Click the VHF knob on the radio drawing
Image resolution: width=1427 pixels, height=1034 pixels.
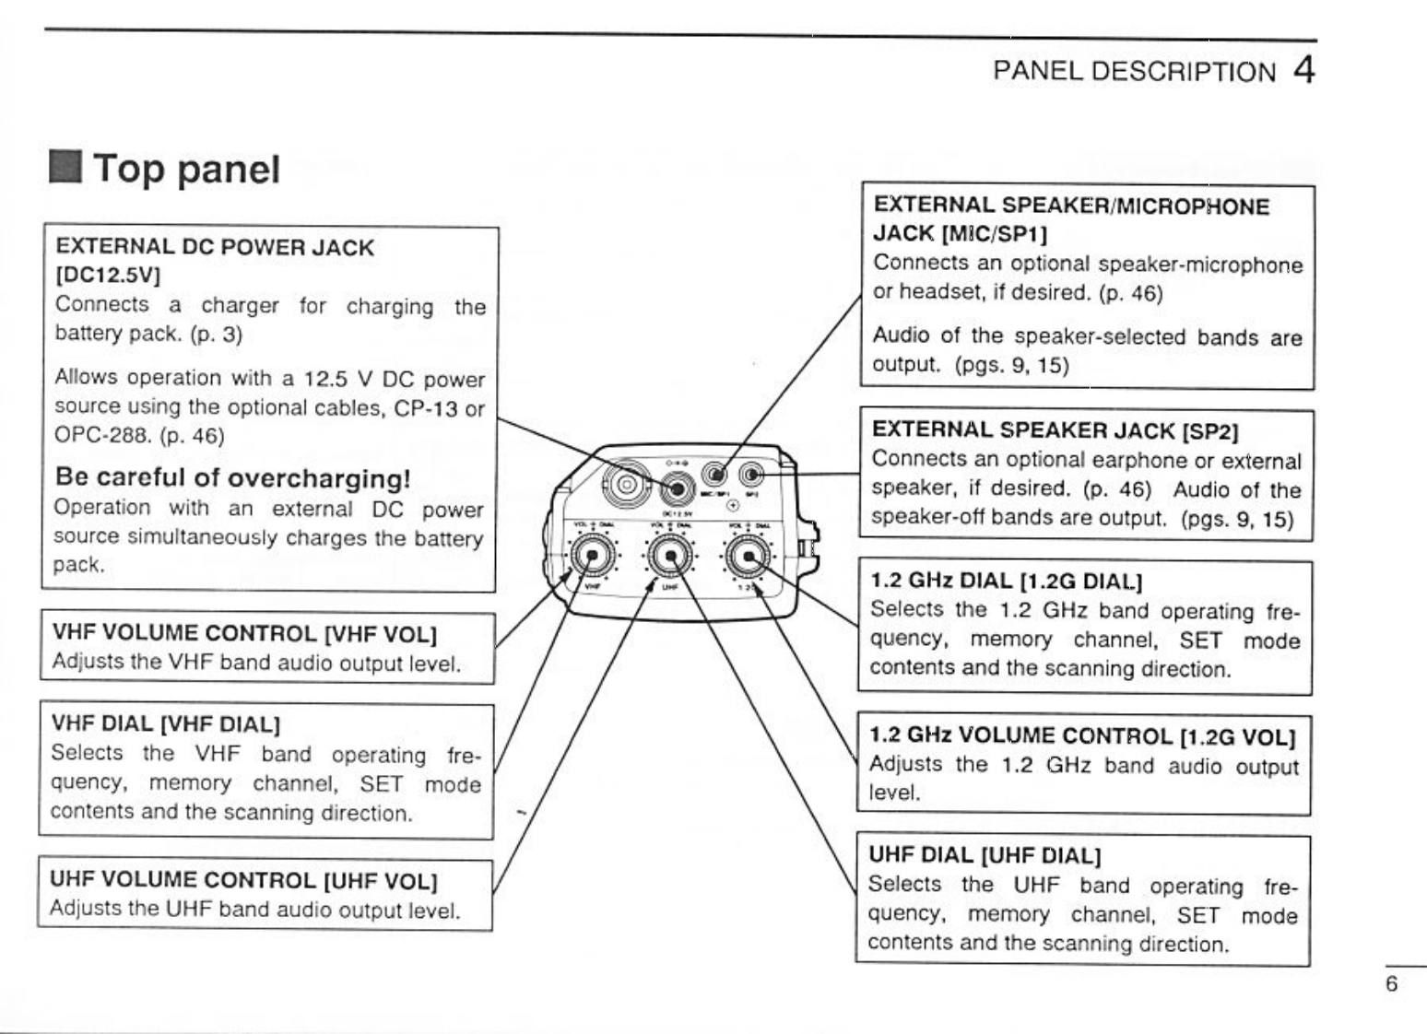point(591,557)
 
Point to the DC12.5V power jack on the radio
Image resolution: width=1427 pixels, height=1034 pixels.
point(678,486)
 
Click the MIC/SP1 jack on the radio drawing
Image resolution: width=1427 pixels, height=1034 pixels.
point(716,476)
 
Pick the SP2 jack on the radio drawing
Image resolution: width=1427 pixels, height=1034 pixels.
point(752,476)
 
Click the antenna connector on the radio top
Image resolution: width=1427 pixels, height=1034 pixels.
point(627,484)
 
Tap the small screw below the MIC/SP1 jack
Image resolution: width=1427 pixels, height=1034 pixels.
point(733,505)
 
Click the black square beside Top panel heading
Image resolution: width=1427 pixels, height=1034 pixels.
point(66,169)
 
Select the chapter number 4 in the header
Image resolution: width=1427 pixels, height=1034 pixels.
point(1303,70)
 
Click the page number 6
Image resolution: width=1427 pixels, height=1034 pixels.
point(1391,984)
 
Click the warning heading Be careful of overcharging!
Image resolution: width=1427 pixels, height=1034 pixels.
point(232,477)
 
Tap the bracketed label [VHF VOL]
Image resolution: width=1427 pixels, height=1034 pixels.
point(380,634)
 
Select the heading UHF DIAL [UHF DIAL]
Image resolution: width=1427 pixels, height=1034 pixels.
point(985,855)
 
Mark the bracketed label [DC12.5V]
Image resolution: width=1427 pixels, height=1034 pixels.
point(109,274)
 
